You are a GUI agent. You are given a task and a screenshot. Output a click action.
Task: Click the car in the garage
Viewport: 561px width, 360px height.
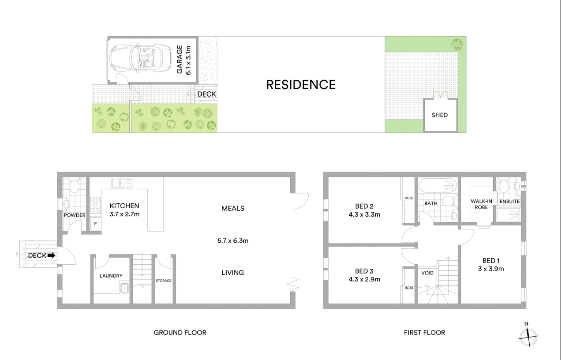click(x=141, y=59)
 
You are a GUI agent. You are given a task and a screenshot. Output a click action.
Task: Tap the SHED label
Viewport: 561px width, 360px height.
click(x=440, y=115)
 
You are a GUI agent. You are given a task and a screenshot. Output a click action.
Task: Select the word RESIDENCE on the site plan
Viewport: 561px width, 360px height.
click(x=301, y=85)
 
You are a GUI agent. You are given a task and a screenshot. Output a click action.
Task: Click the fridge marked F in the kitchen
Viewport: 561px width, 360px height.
click(x=95, y=224)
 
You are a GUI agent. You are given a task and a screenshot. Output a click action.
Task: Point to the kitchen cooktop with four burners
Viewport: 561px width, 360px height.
click(x=95, y=205)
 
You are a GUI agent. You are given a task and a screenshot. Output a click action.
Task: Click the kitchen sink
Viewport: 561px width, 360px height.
click(x=122, y=183)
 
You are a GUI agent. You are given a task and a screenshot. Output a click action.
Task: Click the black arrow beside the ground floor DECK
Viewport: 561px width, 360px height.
click(x=51, y=255)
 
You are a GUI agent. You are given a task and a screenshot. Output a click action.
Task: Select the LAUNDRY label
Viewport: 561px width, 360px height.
click(x=111, y=276)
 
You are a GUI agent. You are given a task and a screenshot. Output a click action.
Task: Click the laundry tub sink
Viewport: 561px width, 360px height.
click(x=124, y=288)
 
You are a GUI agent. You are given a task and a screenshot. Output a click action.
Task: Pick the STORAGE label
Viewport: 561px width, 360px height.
click(x=164, y=281)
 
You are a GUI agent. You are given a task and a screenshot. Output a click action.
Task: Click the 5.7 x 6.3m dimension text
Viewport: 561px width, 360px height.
click(x=233, y=241)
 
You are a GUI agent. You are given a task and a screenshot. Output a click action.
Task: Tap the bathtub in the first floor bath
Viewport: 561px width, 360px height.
click(x=438, y=185)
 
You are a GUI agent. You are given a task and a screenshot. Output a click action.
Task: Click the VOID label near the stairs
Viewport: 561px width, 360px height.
click(x=427, y=273)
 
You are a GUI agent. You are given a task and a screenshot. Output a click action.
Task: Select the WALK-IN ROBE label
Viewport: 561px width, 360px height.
click(x=481, y=204)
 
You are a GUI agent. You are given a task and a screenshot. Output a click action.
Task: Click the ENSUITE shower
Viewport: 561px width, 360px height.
click(x=509, y=215)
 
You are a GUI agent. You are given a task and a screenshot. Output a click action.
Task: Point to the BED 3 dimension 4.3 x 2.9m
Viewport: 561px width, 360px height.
click(x=364, y=279)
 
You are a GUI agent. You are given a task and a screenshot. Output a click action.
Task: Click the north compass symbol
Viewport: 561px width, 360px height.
click(x=528, y=335)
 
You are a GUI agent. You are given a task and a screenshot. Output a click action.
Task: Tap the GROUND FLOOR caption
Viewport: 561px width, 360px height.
click(x=180, y=333)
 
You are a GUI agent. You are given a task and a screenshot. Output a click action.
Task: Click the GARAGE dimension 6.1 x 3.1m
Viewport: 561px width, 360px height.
click(x=188, y=60)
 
